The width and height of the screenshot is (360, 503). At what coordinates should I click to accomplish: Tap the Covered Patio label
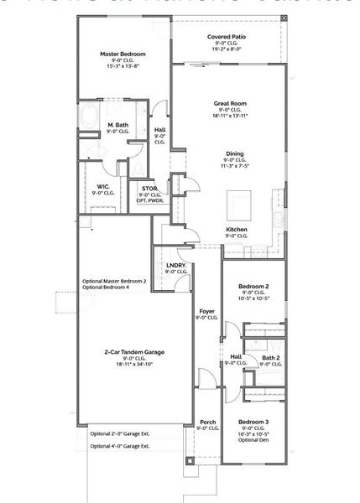tap(226, 38)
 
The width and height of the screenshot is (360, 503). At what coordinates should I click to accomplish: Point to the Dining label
tap(235, 153)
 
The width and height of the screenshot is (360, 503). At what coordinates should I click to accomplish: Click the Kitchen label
tap(236, 229)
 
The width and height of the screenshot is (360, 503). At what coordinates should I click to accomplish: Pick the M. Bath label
tap(117, 125)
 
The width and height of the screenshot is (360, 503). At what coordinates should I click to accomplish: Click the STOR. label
tap(149, 189)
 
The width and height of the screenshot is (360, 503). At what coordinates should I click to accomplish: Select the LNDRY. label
tap(175, 266)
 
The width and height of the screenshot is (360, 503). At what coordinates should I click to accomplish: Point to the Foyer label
tap(206, 311)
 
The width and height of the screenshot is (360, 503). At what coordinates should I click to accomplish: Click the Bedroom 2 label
tap(253, 286)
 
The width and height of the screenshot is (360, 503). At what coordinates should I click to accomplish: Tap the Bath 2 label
tap(270, 357)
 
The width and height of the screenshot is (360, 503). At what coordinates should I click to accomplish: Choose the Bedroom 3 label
tap(253, 421)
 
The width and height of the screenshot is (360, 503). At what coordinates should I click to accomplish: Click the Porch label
tap(207, 422)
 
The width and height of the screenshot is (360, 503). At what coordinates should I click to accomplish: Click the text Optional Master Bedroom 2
tap(114, 281)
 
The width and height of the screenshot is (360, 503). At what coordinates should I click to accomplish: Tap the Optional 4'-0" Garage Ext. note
tap(120, 446)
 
